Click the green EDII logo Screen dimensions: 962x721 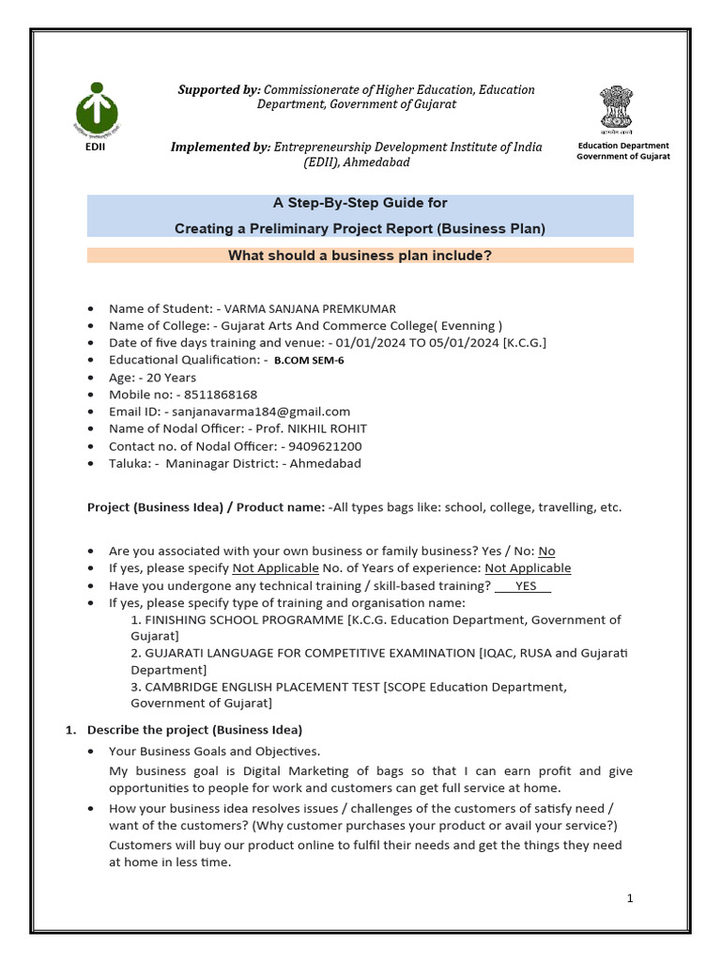coord(91,107)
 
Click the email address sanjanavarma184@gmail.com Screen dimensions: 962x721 coord(256,411)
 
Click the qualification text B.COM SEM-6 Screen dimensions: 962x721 coord(309,361)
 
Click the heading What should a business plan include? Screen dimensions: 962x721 coord(360,256)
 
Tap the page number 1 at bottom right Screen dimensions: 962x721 coord(630,898)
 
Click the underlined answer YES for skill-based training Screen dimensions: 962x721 coord(526,585)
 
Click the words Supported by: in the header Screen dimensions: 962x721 coord(220,89)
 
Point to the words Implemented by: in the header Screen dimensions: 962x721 coord(220,147)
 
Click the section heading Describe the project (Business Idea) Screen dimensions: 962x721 coord(194,729)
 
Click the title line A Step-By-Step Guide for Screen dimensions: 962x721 coord(360,203)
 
